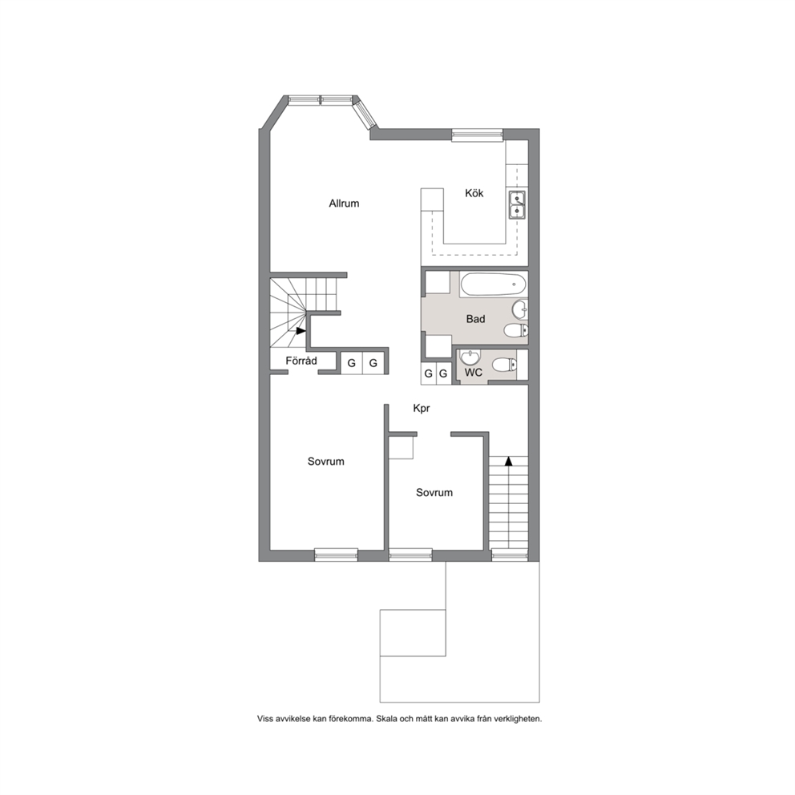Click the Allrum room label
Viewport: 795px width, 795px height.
pyautogui.click(x=344, y=204)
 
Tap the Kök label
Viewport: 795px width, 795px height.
pyautogui.click(x=474, y=193)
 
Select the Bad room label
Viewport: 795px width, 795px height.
pyautogui.click(x=475, y=319)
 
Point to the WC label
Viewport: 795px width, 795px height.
pyautogui.click(x=474, y=373)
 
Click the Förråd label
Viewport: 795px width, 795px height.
pyautogui.click(x=301, y=361)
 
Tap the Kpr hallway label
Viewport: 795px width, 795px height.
pyautogui.click(x=422, y=408)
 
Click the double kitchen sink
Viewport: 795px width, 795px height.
pyautogui.click(x=517, y=204)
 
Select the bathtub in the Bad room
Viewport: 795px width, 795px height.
pyautogui.click(x=494, y=285)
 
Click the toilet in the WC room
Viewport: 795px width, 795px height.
pyautogui.click(x=504, y=365)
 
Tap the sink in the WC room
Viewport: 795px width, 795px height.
pyautogui.click(x=470, y=357)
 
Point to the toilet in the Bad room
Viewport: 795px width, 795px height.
pyautogui.click(x=515, y=331)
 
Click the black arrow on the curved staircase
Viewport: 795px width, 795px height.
pyautogui.click(x=301, y=331)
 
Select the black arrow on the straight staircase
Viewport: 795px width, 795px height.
pyautogui.click(x=508, y=461)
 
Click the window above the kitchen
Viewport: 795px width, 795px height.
pyautogui.click(x=477, y=135)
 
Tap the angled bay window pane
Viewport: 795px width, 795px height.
pyautogui.click(x=365, y=115)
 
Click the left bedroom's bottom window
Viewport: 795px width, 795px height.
pyautogui.click(x=336, y=555)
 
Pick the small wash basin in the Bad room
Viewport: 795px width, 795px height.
pyautogui.click(x=520, y=308)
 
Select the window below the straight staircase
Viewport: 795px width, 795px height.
pyautogui.click(x=510, y=555)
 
